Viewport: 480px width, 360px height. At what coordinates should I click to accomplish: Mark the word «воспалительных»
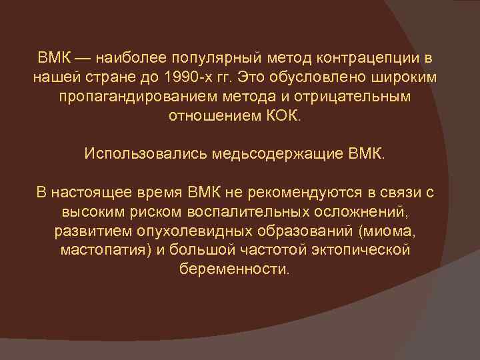click(x=257, y=213)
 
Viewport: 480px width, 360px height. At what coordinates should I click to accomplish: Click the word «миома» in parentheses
click(x=400, y=232)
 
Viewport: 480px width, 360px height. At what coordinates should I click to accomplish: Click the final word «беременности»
click(x=235, y=270)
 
